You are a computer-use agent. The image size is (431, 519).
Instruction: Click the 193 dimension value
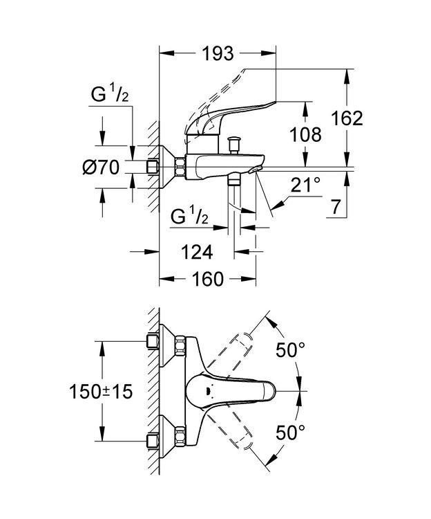click(x=218, y=53)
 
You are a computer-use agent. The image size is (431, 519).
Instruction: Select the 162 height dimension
click(x=347, y=118)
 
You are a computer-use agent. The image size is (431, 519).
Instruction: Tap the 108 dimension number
click(x=305, y=135)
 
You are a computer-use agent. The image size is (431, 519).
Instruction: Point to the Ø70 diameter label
click(x=101, y=167)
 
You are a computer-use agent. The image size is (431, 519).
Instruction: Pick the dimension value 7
click(x=336, y=208)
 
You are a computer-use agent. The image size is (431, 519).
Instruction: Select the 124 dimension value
click(x=197, y=252)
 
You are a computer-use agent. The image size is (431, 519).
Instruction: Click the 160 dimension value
click(x=208, y=279)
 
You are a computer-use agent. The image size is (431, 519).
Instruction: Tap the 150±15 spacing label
click(x=101, y=392)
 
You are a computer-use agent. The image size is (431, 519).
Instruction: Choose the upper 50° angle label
click(x=291, y=350)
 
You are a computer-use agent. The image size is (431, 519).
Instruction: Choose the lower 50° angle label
click(x=291, y=432)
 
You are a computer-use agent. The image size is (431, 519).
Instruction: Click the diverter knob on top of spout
click(x=235, y=144)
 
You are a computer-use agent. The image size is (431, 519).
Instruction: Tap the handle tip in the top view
click(x=269, y=391)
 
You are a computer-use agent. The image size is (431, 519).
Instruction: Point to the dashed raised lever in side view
click(x=215, y=99)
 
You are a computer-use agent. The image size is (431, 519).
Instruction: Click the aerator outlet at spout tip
click(x=255, y=170)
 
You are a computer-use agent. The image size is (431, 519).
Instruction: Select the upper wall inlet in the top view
click(x=153, y=341)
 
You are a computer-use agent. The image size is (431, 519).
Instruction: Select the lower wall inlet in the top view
click(x=153, y=441)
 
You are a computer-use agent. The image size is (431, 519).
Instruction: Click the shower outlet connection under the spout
click(x=234, y=179)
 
